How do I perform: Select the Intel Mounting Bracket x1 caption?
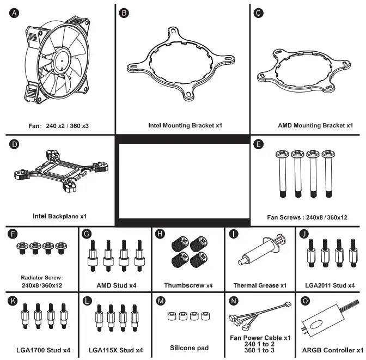(x=185, y=125)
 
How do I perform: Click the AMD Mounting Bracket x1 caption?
(x=315, y=125)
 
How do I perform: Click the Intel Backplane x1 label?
(x=59, y=216)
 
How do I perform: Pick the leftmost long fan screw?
(x=284, y=174)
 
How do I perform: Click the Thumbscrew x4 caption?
(x=188, y=285)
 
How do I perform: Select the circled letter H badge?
(x=160, y=235)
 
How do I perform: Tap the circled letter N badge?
(x=234, y=301)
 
